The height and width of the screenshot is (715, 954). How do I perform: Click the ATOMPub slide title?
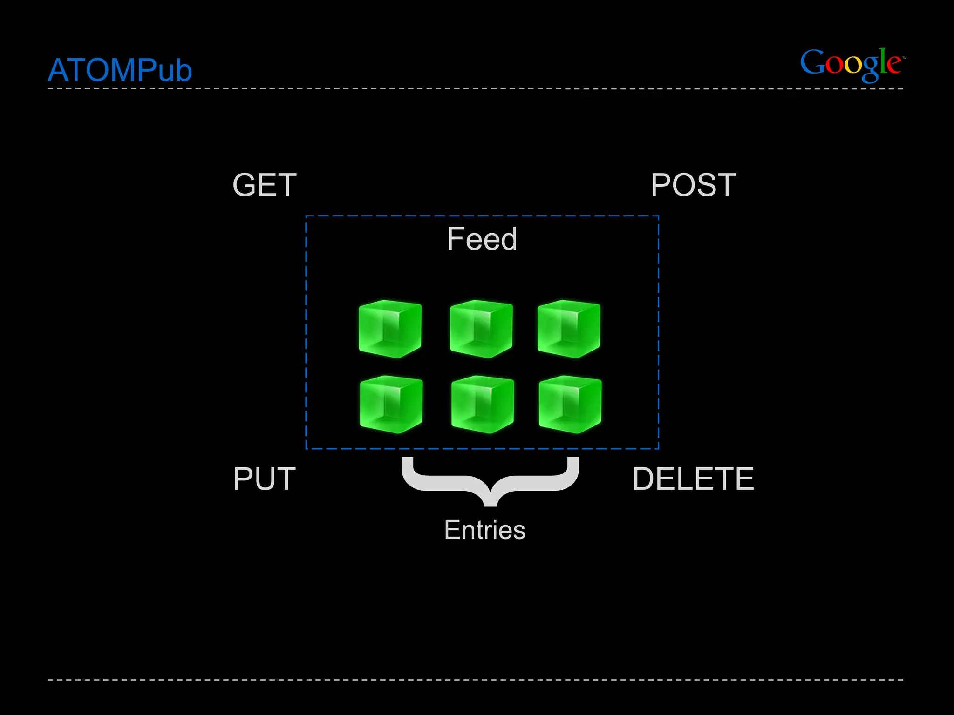click(x=120, y=70)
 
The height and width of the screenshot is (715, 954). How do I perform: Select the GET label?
click(x=264, y=185)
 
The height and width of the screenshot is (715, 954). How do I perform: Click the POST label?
click(x=693, y=185)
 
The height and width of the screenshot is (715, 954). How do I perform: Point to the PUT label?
click(x=264, y=479)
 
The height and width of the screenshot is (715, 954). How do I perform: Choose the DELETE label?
click(x=693, y=479)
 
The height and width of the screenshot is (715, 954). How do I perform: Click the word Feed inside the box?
click(x=482, y=239)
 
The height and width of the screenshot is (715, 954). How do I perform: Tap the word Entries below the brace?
click(x=484, y=530)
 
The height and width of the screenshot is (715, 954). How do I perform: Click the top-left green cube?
click(x=390, y=329)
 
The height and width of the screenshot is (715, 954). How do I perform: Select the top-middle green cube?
click(x=481, y=329)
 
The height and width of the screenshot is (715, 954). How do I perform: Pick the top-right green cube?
click(x=569, y=329)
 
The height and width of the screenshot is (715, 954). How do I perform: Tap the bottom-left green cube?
click(x=391, y=404)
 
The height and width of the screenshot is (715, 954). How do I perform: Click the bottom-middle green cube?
click(x=483, y=404)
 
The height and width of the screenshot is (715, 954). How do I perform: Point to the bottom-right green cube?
click(x=570, y=404)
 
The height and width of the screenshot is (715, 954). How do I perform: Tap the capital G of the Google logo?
click(x=812, y=63)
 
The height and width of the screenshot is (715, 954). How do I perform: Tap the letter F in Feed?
click(x=455, y=239)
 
